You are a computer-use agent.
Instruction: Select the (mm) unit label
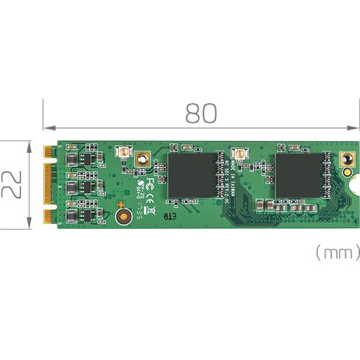[x=336, y=253]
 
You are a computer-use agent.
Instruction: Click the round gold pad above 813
[x=123, y=216]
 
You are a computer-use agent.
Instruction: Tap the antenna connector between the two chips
[x=237, y=154]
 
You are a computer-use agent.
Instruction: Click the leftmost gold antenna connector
[x=122, y=153]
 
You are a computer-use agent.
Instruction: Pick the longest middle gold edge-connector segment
[x=48, y=184]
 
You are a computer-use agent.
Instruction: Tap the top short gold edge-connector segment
[x=48, y=152]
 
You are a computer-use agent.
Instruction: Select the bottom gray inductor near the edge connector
[x=73, y=214]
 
